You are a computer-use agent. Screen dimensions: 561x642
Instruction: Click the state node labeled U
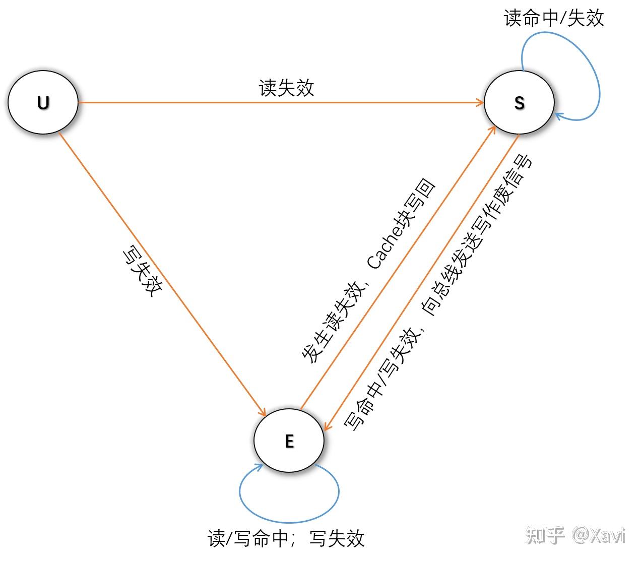pos(43,102)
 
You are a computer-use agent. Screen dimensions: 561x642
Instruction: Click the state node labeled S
pos(519,102)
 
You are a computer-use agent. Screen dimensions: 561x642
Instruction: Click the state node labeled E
pos(289,441)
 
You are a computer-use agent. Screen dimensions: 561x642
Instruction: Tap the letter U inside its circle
pos(43,103)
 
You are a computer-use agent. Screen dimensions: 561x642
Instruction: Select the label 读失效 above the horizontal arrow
pos(286,88)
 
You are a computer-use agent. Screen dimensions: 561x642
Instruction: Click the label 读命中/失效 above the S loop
pos(553,19)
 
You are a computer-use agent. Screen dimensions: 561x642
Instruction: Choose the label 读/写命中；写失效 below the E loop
pos(286,538)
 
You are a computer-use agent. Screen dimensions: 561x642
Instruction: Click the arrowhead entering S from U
pos(480,103)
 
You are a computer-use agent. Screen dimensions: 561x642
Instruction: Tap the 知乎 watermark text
pos(545,535)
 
